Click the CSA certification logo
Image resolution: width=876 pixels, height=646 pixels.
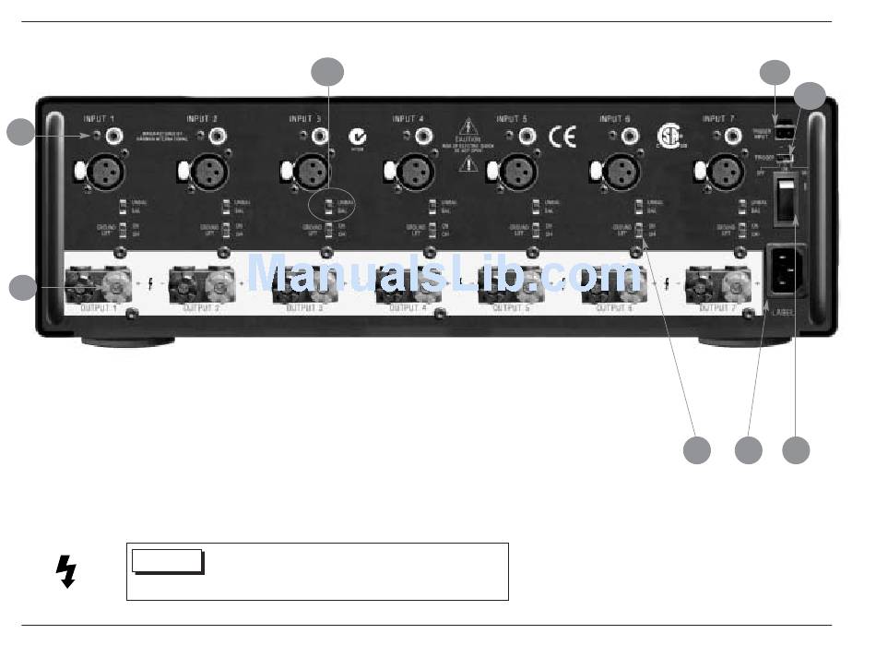[668, 136]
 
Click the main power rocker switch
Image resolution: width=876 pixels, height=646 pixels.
[784, 202]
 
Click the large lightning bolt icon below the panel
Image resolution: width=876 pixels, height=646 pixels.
[65, 571]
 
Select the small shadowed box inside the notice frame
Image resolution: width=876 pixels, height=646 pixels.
[167, 561]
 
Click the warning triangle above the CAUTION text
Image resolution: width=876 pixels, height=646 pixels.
[470, 125]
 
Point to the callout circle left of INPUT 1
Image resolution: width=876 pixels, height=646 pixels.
[20, 132]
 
